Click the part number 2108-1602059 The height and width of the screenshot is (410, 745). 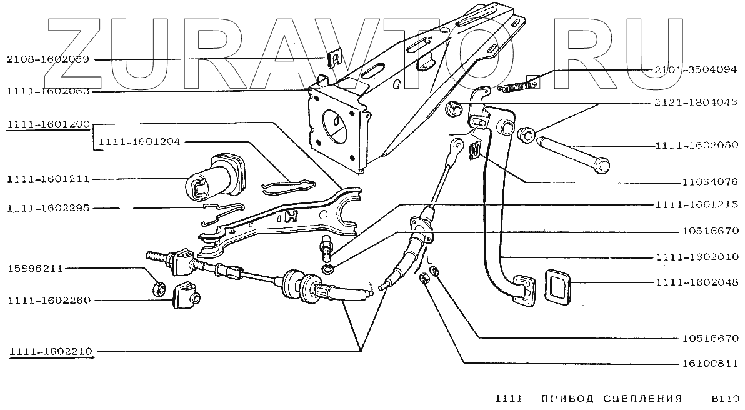(48, 59)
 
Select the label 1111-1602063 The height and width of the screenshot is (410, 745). (48, 91)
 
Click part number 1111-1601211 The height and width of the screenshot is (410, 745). (48, 179)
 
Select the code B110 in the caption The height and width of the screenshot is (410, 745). (726, 398)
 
